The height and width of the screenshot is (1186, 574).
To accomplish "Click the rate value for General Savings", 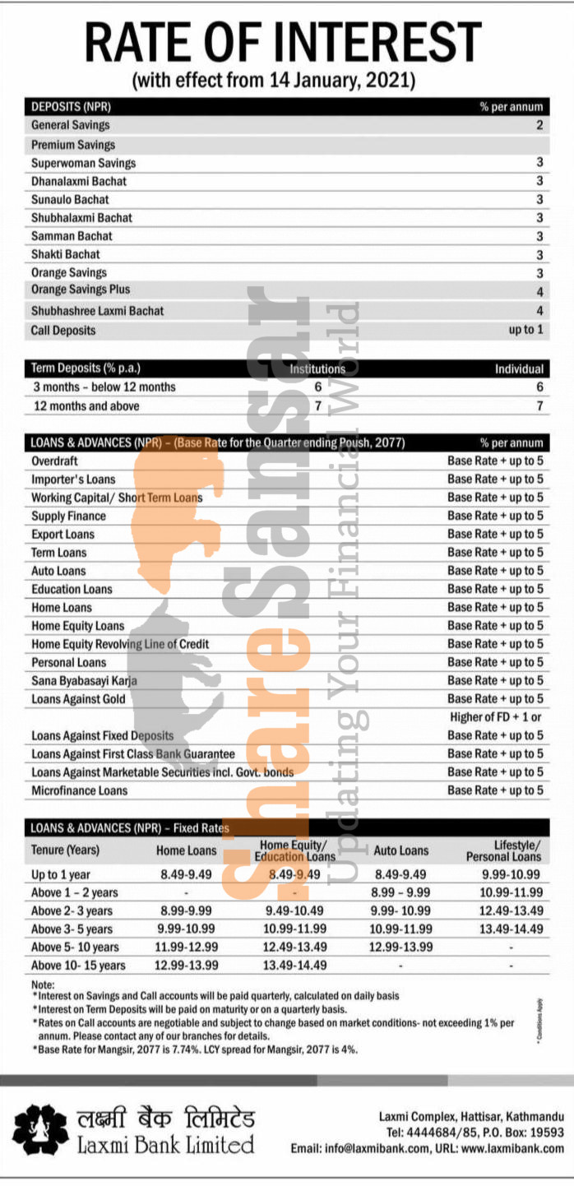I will coord(539,125).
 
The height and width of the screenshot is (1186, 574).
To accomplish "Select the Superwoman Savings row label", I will coord(83,163).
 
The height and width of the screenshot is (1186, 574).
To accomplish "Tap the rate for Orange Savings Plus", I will coord(539,292).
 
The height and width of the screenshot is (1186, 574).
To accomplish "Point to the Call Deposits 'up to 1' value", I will coord(525,330).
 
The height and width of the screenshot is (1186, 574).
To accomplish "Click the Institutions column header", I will coord(317,369).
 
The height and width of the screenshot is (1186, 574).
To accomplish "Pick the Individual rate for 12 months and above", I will coord(539,406).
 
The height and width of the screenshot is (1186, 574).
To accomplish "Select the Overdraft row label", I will coord(54,461).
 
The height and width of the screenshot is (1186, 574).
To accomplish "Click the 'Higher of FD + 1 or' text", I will coord(496,717).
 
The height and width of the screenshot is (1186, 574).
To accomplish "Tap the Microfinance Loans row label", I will coord(79,790).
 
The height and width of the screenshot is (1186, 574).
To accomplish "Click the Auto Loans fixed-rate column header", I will coord(400,850).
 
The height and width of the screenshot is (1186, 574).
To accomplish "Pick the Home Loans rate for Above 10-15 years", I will coord(187,965).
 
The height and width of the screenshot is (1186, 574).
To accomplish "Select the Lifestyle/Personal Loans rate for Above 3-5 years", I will coord(511,929).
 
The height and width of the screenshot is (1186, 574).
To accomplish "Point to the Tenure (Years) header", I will coord(65,850).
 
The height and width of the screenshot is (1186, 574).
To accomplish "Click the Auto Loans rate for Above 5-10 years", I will coord(400,947).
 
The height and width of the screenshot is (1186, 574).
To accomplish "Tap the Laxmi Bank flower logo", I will coord(40,1130).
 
